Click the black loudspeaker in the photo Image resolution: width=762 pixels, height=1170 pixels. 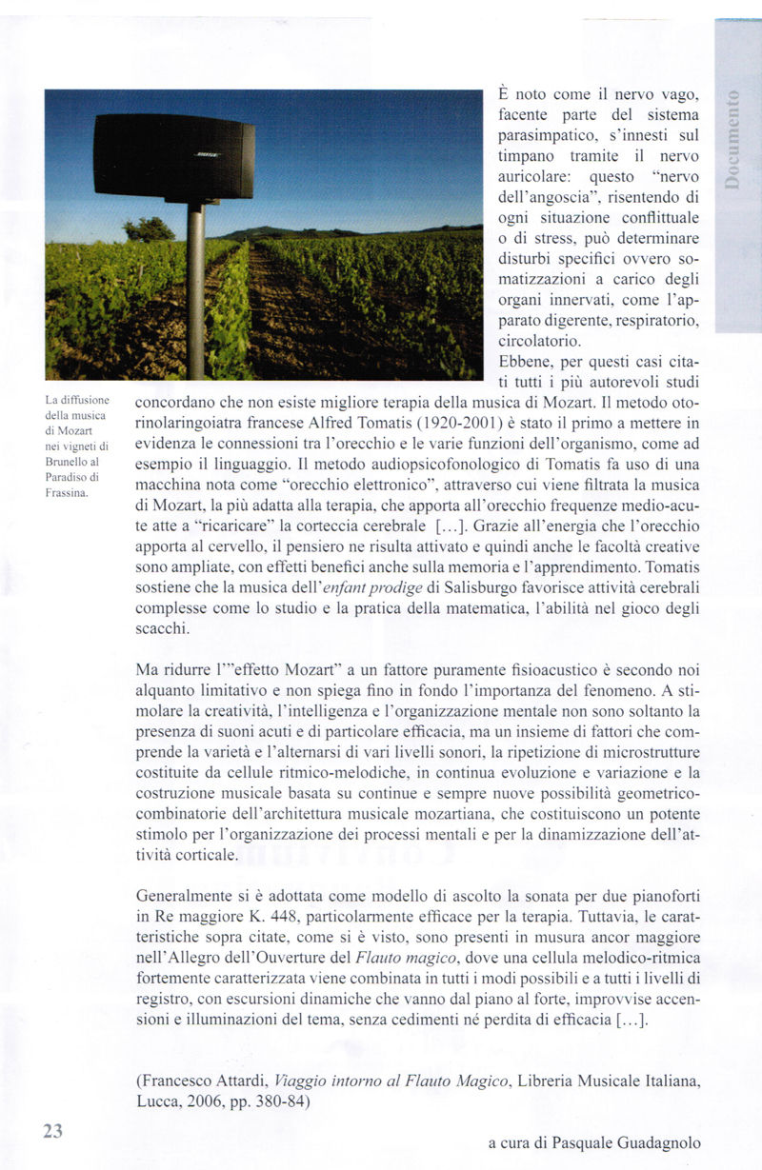tap(173, 157)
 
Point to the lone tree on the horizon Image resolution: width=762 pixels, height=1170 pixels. tap(150, 229)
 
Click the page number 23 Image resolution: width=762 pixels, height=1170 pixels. tap(52, 1130)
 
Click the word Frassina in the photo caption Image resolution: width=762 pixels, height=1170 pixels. tap(67, 493)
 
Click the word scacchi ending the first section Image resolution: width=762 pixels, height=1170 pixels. tap(163, 629)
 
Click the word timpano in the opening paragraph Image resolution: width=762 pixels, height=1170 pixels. tap(527, 157)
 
